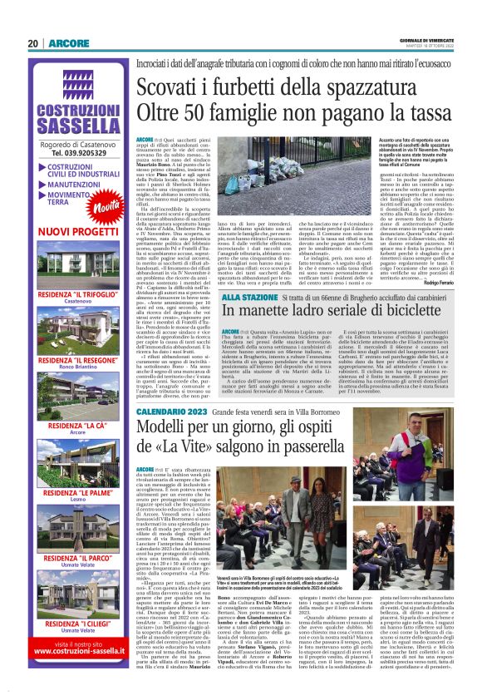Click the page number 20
[x=32, y=44]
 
